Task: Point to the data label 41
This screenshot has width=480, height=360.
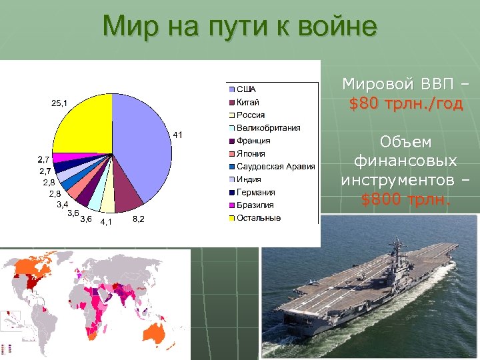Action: pos(178,135)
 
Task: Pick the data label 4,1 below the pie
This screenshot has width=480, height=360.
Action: pos(106,222)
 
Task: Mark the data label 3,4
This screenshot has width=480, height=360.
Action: pos(62,203)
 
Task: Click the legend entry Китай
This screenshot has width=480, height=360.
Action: pos(248,102)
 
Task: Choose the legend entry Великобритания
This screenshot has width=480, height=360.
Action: pos(268,128)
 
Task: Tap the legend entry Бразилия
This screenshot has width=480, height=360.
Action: pos(255,205)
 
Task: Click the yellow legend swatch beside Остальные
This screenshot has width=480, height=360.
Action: pos(232,218)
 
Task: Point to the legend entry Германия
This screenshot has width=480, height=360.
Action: pos(255,192)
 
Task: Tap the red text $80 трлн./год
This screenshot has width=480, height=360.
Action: pos(405,104)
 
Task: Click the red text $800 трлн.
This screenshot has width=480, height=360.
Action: pos(405,198)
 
